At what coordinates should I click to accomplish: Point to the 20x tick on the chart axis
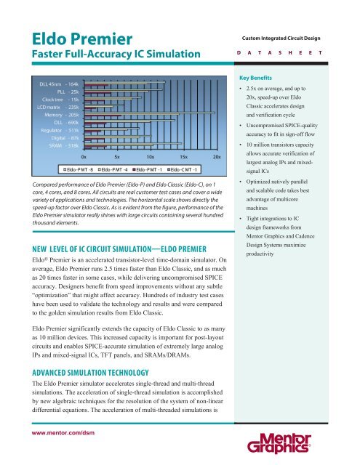pyautogui.click(x=216, y=156)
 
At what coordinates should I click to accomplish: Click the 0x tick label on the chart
pyautogui.click(x=84, y=156)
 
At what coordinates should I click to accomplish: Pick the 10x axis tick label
pyautogui.click(x=150, y=156)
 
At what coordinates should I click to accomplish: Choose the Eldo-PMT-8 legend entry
pyautogui.click(x=76, y=170)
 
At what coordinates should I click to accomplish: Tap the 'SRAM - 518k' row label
pyautogui.click(x=62, y=145)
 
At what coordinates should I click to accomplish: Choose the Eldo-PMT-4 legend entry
pyautogui.click(x=112, y=170)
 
